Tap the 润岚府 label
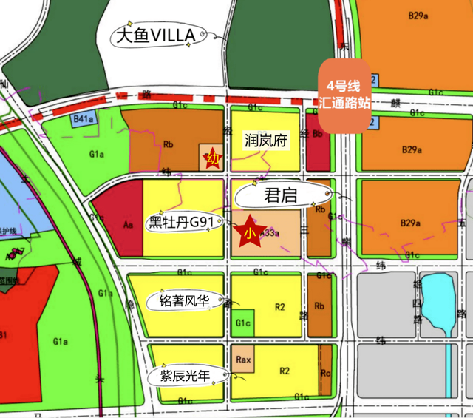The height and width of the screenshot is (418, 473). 265,139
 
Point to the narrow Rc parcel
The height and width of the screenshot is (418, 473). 325,374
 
